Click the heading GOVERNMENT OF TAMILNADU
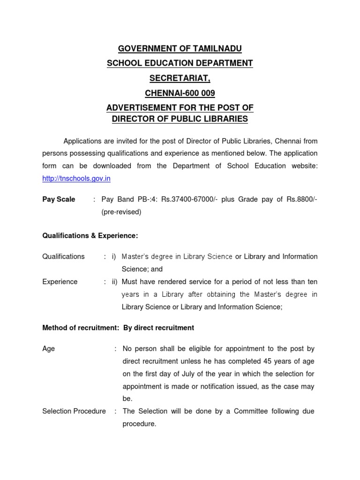pyautogui.click(x=180, y=48)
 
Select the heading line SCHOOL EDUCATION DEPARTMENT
pyautogui.click(x=180, y=63)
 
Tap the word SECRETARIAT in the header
pyautogui.click(x=180, y=78)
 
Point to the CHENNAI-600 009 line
pyautogui.click(x=180, y=93)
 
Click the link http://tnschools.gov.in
pyautogui.click(x=76, y=179)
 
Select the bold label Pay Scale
pyautogui.click(x=59, y=199)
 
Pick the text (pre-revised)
pyautogui.click(x=121, y=212)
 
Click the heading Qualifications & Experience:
pyautogui.click(x=90, y=235)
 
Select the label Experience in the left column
pyautogui.click(x=60, y=282)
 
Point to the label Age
pyautogui.click(x=48, y=349)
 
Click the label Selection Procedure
pyautogui.click(x=74, y=411)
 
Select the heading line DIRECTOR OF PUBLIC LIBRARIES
pyautogui.click(x=180, y=119)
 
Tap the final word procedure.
pyautogui.click(x=139, y=424)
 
